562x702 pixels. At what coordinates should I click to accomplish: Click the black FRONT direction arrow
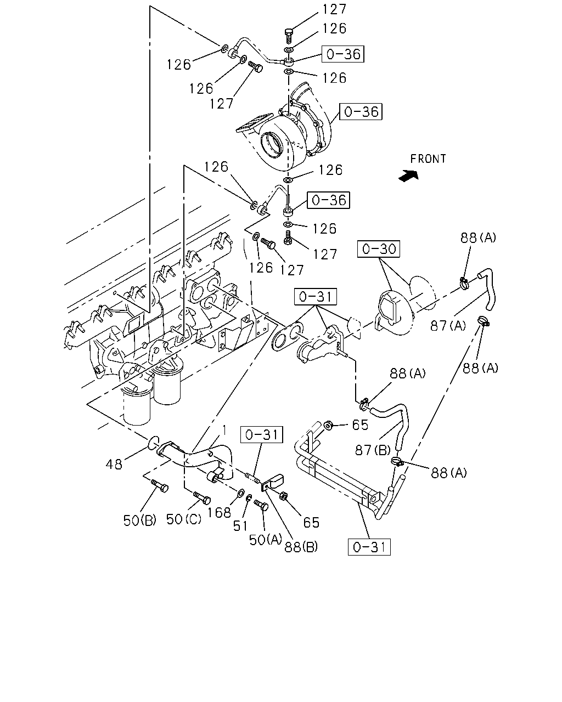[408, 175]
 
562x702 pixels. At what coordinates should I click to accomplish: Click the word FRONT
[428, 159]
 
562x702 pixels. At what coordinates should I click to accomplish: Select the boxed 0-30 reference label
[379, 249]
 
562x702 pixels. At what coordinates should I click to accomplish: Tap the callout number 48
[114, 464]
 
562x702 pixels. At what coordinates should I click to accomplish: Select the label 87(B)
[373, 450]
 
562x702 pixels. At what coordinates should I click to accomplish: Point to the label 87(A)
[448, 326]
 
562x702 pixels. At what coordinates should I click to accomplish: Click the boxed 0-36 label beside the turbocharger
[361, 112]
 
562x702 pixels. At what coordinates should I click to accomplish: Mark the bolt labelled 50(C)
[202, 498]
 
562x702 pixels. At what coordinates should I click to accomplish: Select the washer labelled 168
[240, 492]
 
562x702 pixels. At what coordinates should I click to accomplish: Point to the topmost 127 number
[334, 9]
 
